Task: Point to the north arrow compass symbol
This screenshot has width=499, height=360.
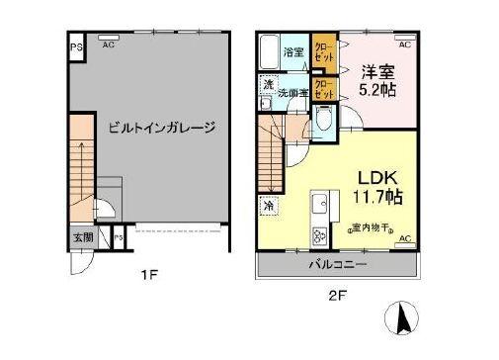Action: coord(404,318)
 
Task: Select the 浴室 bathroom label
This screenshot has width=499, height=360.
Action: coord(294,50)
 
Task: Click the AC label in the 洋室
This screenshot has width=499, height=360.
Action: coord(405,45)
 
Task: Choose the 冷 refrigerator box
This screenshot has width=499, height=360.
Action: coord(269,206)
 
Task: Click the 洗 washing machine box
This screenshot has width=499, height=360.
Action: coord(268,85)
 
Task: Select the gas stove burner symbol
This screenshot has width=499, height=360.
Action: coord(320,236)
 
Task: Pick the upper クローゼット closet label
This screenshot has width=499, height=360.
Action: coord(323,50)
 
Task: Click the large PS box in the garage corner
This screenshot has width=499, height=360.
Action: coord(75,45)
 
